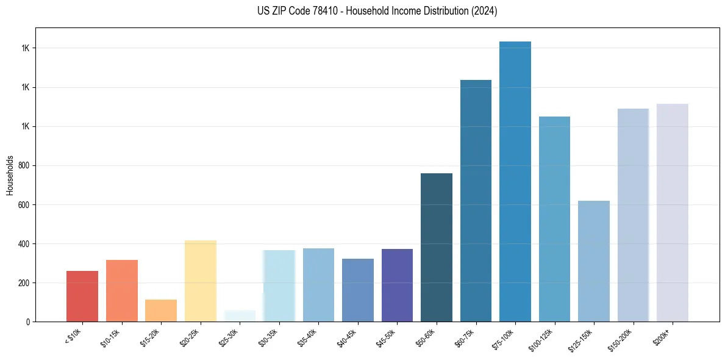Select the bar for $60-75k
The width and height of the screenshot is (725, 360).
476,201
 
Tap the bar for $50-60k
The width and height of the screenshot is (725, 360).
437,247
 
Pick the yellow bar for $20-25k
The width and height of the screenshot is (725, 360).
201,281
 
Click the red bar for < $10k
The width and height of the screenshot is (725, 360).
82,296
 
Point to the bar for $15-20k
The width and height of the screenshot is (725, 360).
161,311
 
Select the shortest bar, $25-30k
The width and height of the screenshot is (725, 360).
240,316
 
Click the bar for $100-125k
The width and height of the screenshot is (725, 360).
554,219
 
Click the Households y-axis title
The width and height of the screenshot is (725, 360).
10,175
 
